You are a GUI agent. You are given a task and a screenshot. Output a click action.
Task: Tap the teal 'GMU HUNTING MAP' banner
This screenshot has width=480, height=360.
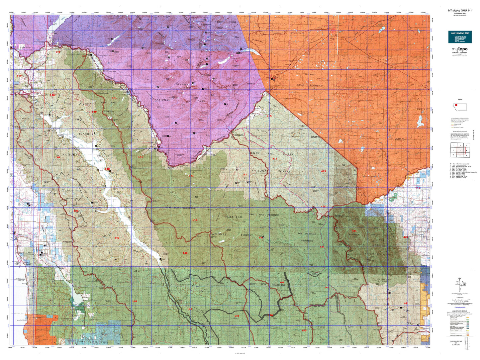[x=460, y=33]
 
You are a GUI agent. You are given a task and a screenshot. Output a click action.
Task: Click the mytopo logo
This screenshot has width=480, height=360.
[x=459, y=49]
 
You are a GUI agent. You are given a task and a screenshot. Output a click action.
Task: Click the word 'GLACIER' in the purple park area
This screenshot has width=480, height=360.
[x=182, y=85]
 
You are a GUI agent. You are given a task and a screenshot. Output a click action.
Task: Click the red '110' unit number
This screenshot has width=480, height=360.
[x=19, y=76]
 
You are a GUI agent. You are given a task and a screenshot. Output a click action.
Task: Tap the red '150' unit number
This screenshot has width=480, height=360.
[x=304, y=330]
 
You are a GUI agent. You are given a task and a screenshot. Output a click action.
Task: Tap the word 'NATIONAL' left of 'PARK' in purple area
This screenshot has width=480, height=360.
[x=162, y=100]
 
